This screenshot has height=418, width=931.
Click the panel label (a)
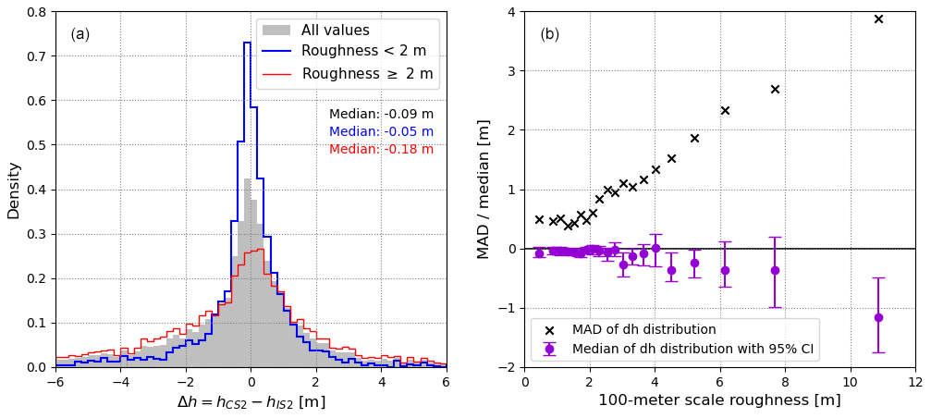pos(80,34)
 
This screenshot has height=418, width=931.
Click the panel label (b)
pos(550,34)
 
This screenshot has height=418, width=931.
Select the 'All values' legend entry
pos(336,31)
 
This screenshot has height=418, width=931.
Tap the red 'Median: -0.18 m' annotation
pos(381,150)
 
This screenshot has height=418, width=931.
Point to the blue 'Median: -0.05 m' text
pos(381,132)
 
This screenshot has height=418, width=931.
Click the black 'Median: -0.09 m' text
pos(381,115)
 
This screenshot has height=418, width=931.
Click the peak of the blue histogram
pos(247,43)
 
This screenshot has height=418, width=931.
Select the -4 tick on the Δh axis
pos(120,379)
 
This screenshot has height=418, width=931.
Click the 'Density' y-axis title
pos(14,190)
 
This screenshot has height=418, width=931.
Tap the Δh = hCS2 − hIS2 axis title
pos(251,402)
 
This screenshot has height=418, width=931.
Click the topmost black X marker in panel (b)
pos(878,18)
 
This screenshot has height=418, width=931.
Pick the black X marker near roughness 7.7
pos(775,89)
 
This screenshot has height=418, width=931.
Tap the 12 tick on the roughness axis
pos(915,379)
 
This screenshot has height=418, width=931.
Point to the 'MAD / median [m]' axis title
pos(484,190)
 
